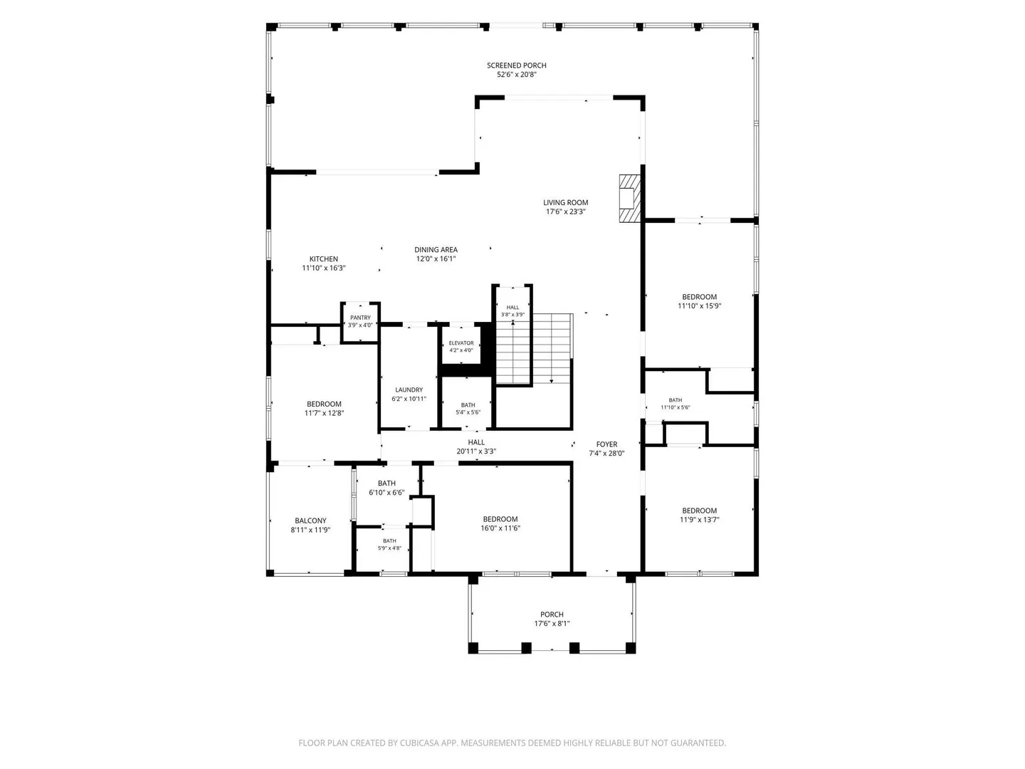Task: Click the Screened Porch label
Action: click(516, 66)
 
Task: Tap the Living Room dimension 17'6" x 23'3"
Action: click(565, 211)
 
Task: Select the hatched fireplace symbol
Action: click(629, 199)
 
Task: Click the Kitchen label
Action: click(323, 258)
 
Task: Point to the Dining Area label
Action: click(436, 250)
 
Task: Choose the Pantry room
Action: click(360, 323)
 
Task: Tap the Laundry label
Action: click(409, 390)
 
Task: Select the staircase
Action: click(534, 348)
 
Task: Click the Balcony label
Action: click(310, 520)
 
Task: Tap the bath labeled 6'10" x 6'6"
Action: click(387, 495)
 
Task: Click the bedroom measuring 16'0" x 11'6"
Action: click(500, 518)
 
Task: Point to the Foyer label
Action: click(606, 444)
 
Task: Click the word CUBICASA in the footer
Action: click(418, 743)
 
